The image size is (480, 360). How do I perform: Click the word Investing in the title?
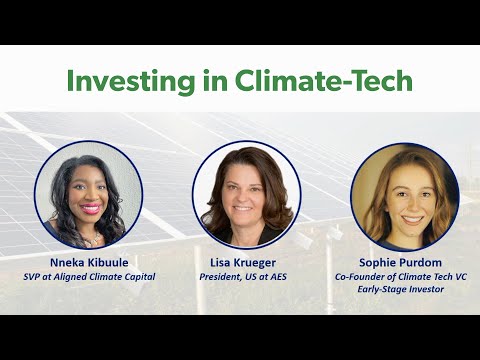click(x=126, y=81)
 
